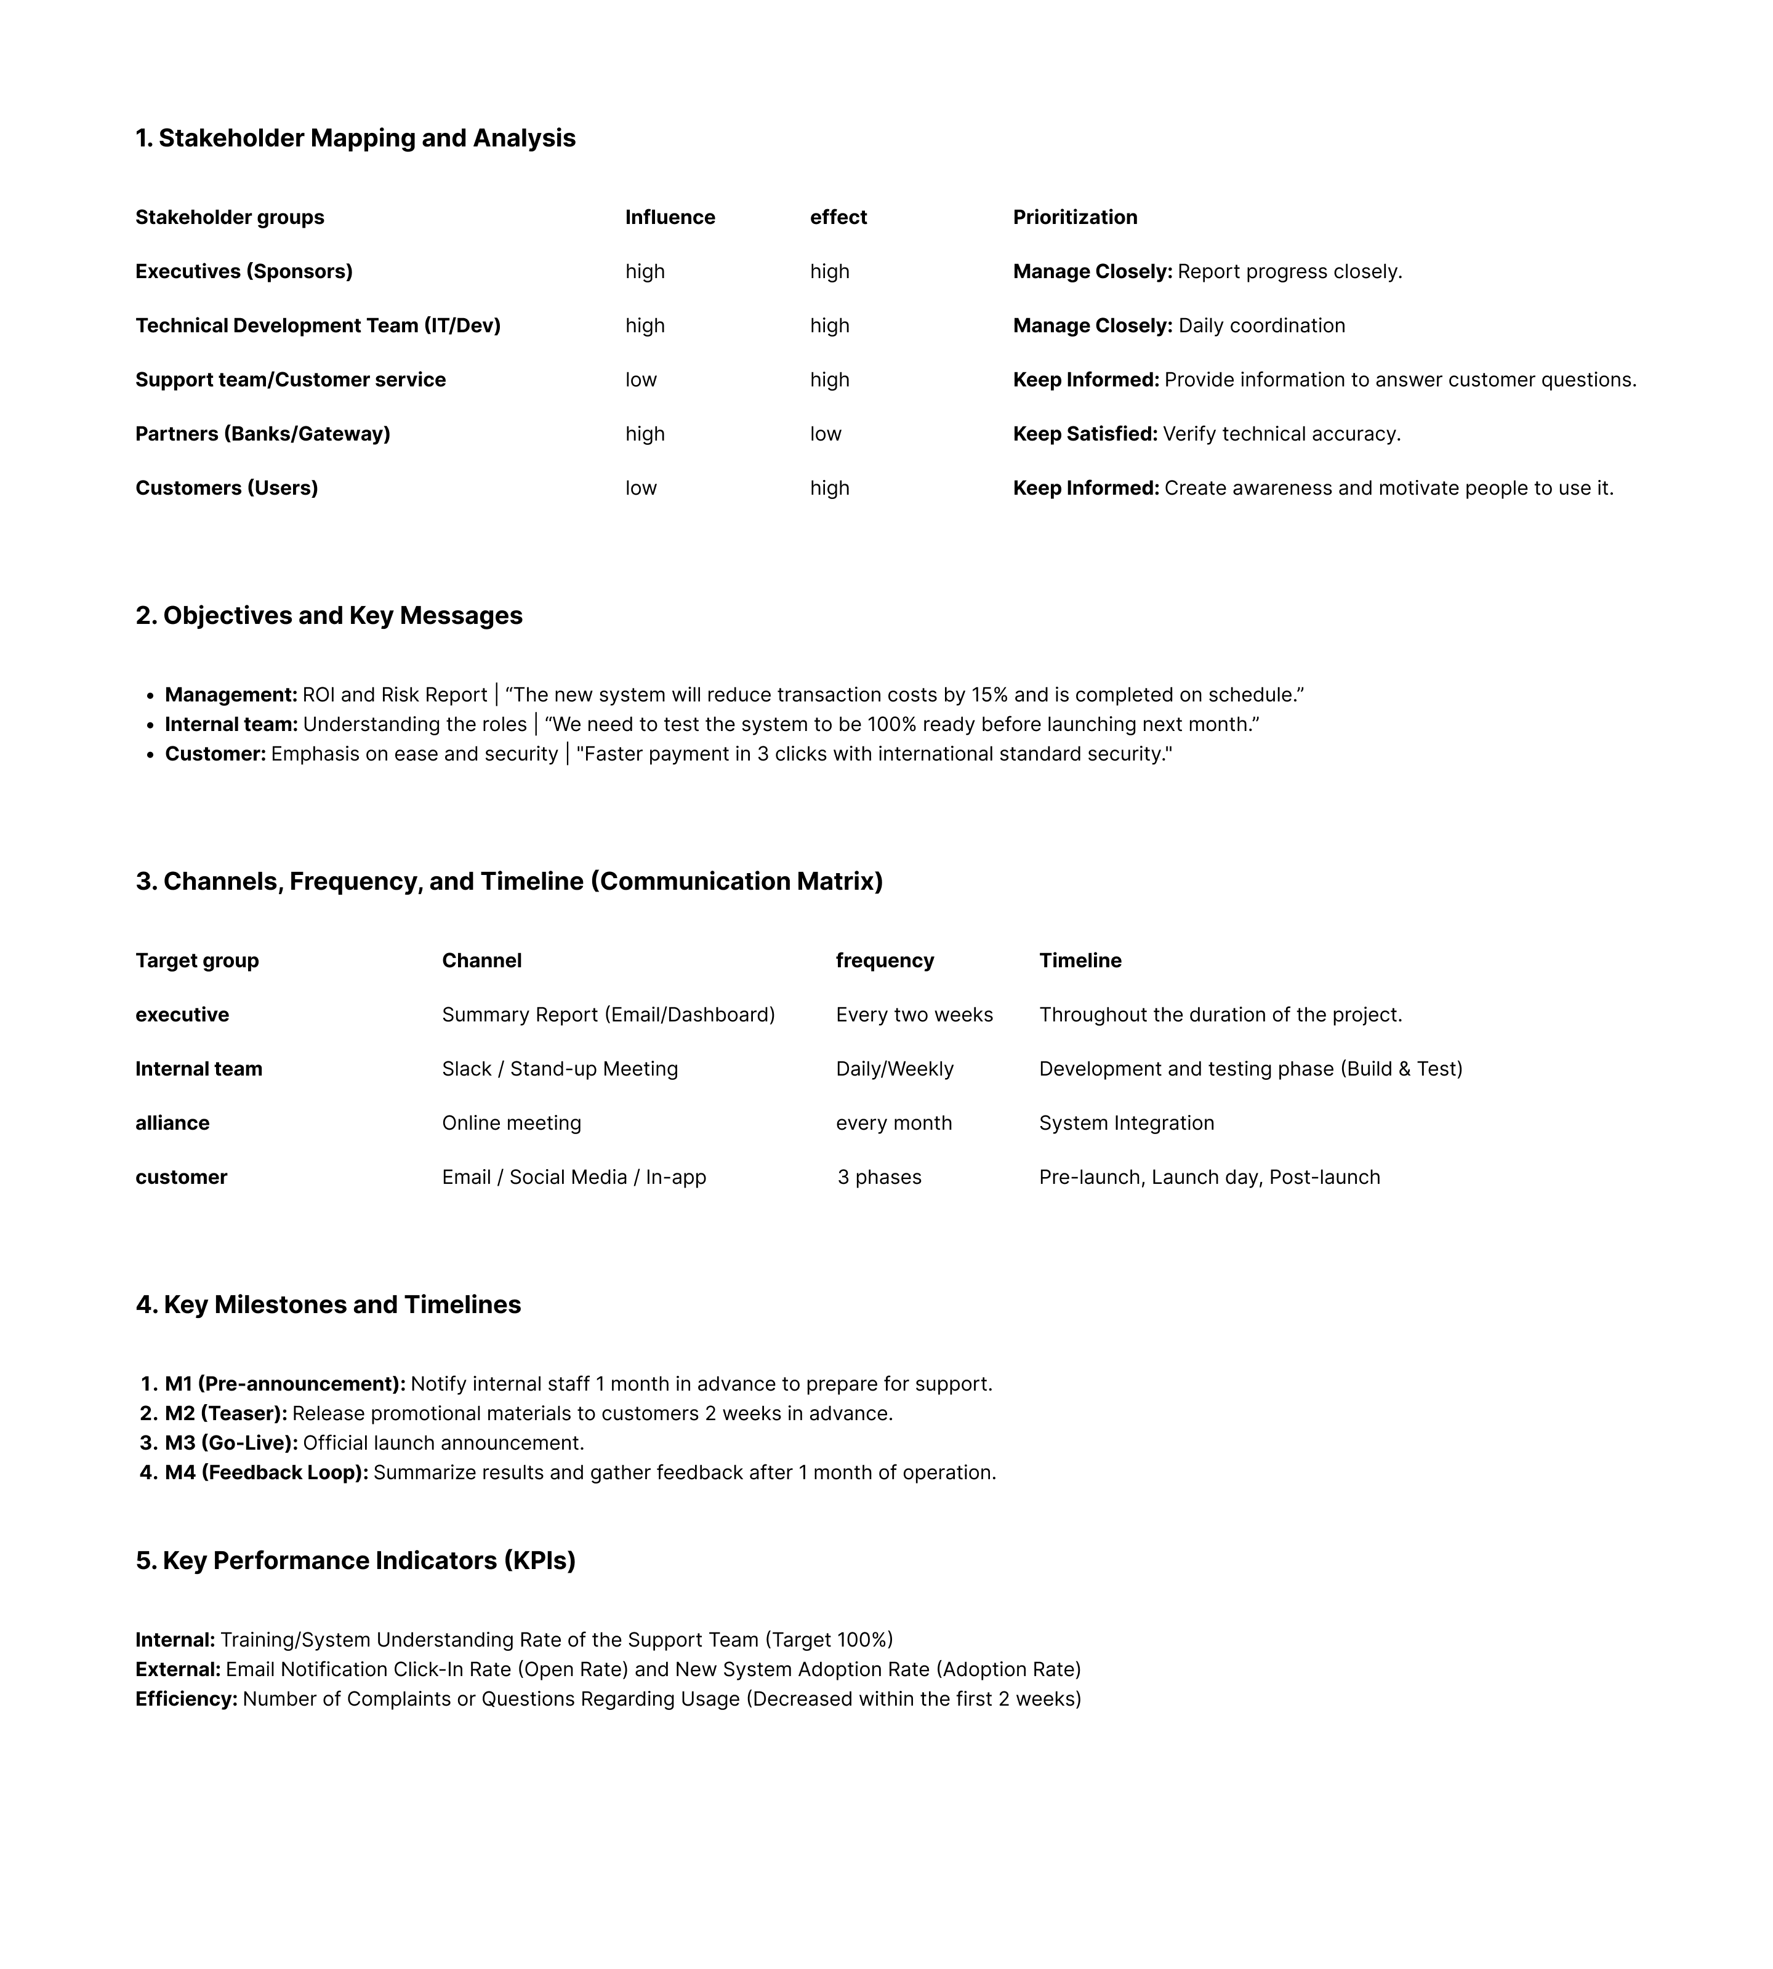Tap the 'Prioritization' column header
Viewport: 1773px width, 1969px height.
point(1074,217)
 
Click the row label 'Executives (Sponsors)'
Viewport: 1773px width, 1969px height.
point(244,272)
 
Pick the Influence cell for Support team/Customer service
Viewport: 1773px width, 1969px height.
point(641,380)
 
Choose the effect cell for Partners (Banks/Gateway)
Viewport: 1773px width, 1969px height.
point(825,434)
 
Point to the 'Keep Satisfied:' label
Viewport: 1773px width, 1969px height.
point(1084,434)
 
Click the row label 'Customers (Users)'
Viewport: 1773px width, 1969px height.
point(226,488)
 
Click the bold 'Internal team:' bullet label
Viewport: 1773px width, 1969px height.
point(231,724)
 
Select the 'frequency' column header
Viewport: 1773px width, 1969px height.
point(885,961)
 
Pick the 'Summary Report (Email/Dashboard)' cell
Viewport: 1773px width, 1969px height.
point(608,1015)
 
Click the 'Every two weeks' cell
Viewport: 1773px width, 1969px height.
point(914,1015)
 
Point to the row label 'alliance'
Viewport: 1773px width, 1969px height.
point(172,1123)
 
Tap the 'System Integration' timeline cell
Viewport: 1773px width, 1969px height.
point(1126,1123)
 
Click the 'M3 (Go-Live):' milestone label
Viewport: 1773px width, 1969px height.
point(231,1443)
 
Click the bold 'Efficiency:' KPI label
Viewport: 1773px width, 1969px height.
point(186,1699)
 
